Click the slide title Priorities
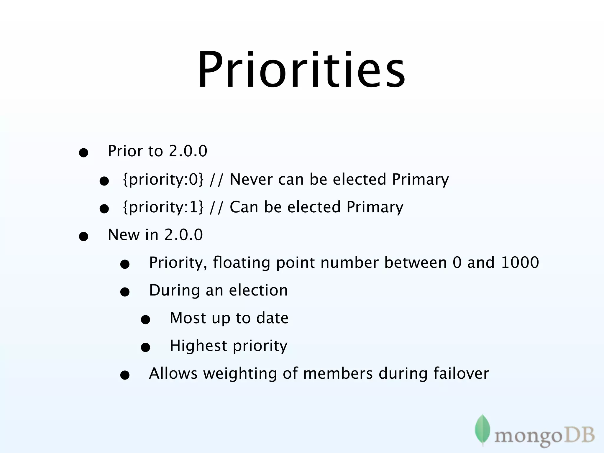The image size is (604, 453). click(x=301, y=70)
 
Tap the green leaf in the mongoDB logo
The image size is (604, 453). click(x=482, y=429)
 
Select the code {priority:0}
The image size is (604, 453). click(x=163, y=180)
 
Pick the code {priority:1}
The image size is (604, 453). click(x=163, y=207)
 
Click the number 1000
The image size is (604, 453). click(x=520, y=262)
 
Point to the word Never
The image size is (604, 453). click(x=251, y=179)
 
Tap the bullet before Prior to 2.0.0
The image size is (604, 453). click(x=83, y=153)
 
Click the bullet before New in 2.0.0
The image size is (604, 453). click(x=83, y=237)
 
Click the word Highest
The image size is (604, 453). click(x=198, y=346)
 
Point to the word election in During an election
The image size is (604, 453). click(x=258, y=290)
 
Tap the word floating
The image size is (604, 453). click(x=241, y=263)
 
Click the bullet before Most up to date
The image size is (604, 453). click(x=145, y=320)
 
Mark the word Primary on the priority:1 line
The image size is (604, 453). click(x=375, y=207)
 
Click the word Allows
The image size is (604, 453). click(x=173, y=373)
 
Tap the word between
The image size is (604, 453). click(x=416, y=262)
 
